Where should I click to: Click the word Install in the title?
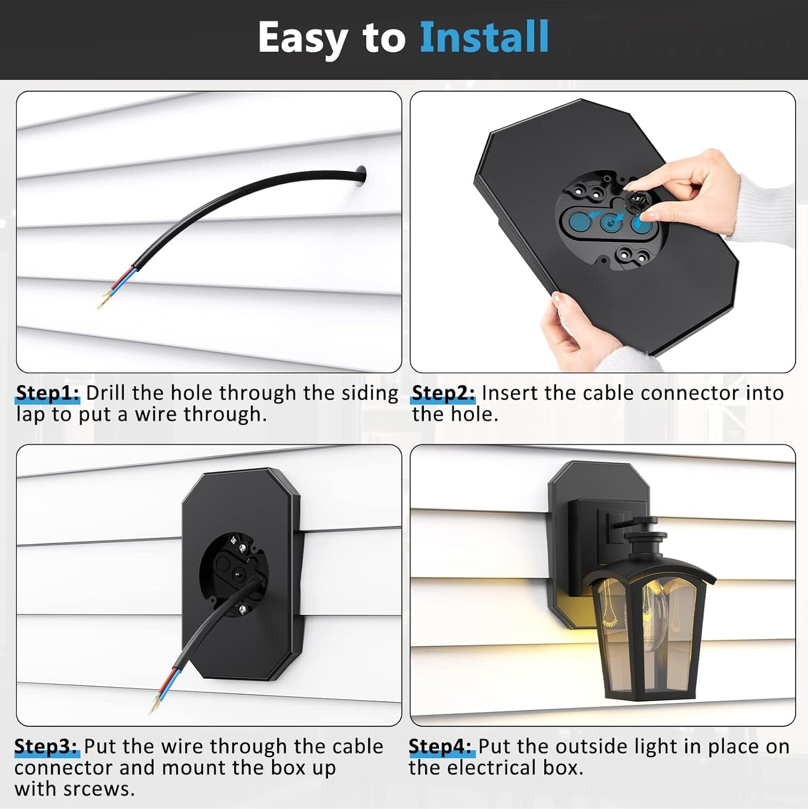pos(484,37)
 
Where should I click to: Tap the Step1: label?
pos(47,393)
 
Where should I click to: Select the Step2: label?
pos(443,393)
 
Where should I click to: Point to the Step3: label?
pos(46,746)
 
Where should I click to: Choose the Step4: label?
pos(441,746)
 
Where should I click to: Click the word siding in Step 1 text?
pos(370,393)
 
